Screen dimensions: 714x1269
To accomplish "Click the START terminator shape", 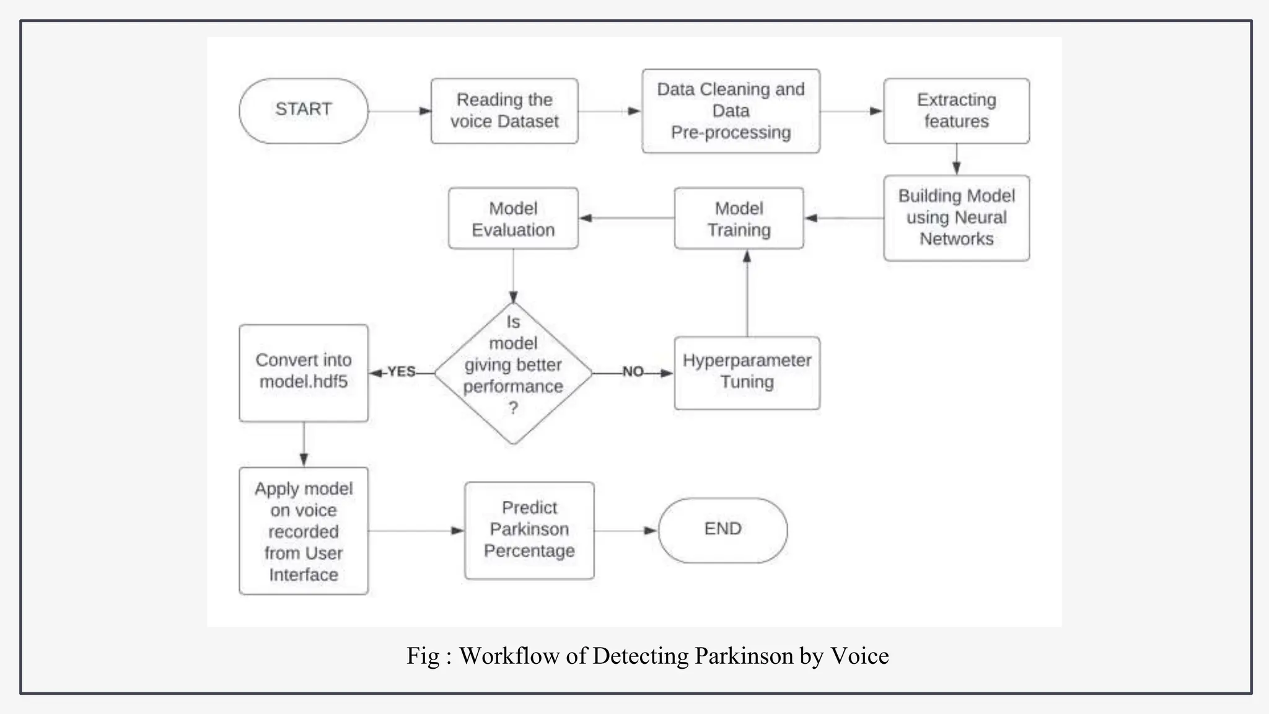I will click(303, 111).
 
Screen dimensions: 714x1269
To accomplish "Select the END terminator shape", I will click(722, 530).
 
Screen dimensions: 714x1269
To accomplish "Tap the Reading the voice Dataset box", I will click(504, 111).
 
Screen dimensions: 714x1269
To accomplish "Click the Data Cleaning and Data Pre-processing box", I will click(731, 111).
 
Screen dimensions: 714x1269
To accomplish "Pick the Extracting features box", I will click(956, 111).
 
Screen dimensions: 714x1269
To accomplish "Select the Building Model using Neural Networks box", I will click(956, 218).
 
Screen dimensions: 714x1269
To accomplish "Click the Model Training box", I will click(739, 218).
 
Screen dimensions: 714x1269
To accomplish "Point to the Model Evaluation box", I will click(513, 218).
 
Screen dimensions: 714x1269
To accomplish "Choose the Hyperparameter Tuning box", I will click(747, 372).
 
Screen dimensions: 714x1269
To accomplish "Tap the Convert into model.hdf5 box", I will click(303, 372).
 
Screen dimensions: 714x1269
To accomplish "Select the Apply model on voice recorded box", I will click(303, 531).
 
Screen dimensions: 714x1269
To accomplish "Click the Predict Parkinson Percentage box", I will click(529, 531).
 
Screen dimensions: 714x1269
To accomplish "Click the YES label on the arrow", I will click(402, 372).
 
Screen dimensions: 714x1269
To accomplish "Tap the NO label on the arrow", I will click(633, 372).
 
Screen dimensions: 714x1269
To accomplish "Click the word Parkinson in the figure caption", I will click(744, 656).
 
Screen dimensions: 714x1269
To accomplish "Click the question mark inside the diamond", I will click(513, 408).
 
